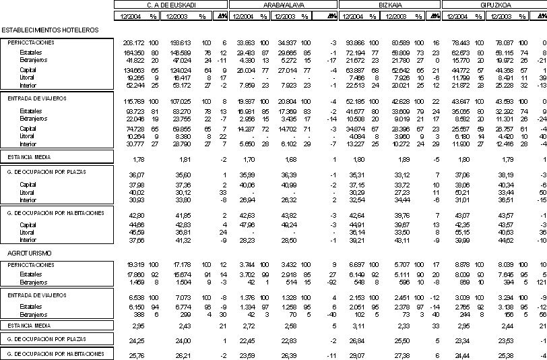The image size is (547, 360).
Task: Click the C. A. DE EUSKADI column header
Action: tap(171, 5)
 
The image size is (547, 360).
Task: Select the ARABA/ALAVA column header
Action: tap(282, 5)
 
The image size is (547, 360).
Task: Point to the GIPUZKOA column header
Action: tap(498, 5)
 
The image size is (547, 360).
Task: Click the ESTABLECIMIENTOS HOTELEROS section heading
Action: tap(51, 30)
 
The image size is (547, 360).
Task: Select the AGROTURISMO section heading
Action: tap(26, 253)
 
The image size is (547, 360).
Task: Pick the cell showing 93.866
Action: tap(354, 42)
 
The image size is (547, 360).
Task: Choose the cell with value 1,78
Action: tap(139, 160)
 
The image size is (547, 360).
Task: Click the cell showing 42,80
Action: tap(137, 214)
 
